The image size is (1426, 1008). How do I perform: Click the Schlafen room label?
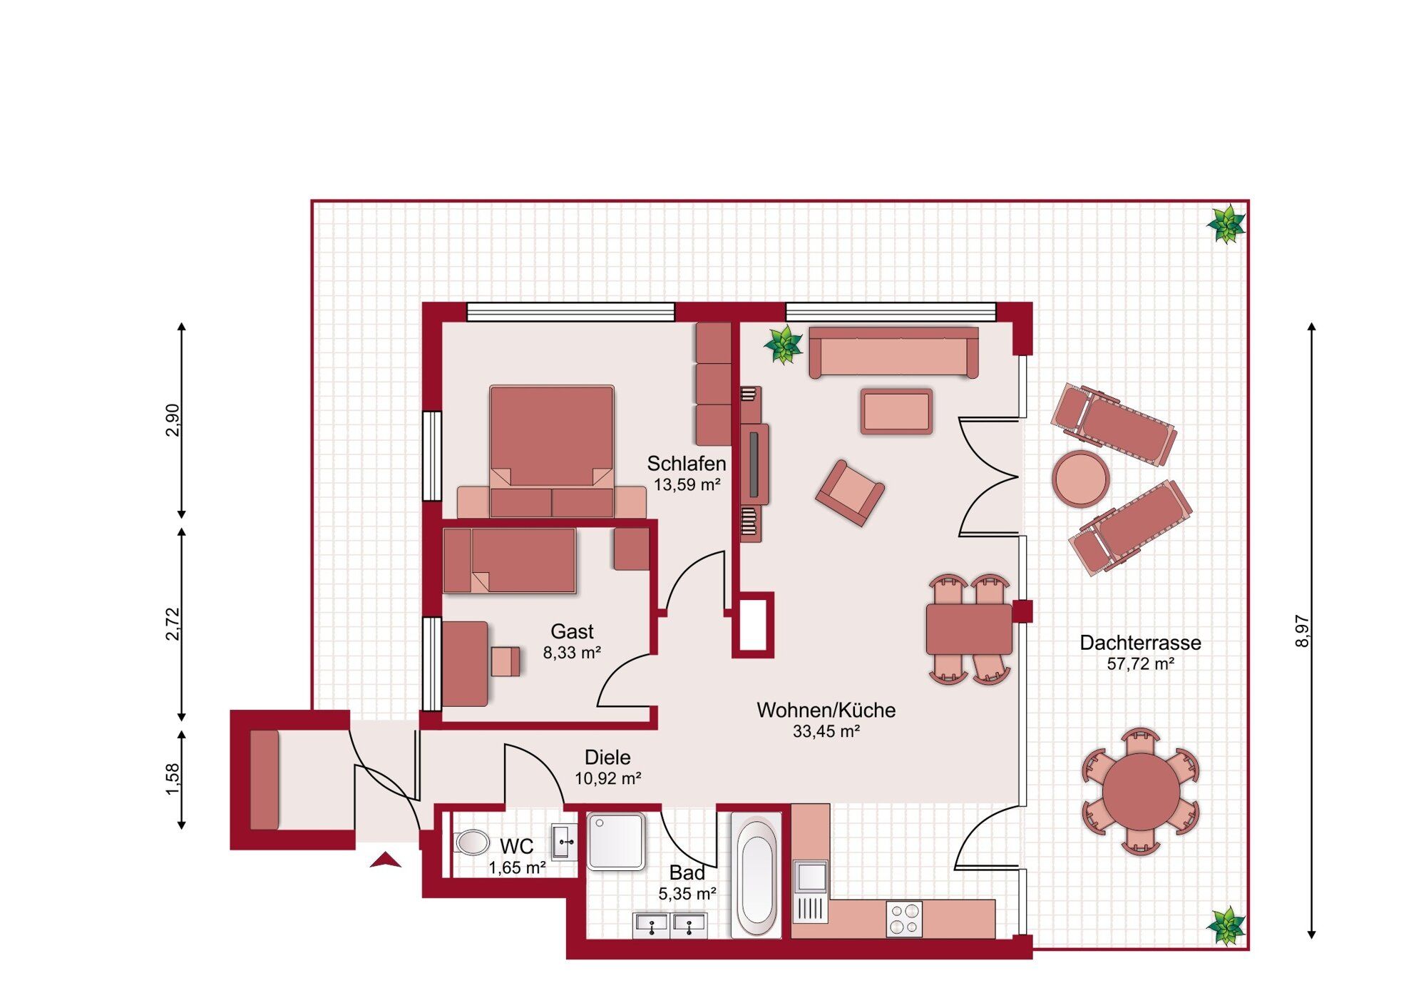686,464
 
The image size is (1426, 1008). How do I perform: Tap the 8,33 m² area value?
572,653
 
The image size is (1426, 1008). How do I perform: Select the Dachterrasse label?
1140,643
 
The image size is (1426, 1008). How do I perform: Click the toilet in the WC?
471,842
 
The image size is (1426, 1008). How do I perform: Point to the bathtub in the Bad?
756,877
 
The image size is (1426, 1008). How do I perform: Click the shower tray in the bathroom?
616,842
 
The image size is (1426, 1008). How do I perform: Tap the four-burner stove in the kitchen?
904,919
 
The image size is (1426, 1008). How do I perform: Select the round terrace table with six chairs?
1141,791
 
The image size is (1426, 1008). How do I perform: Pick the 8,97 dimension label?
1302,631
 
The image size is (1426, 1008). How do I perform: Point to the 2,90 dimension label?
173,420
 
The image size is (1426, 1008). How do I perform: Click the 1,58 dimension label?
173,780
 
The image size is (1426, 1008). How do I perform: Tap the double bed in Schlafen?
551,451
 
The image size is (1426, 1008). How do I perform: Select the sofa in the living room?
893,352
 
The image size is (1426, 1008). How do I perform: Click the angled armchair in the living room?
850,493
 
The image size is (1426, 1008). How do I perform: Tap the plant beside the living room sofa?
784,345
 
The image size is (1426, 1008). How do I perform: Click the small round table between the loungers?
1081,479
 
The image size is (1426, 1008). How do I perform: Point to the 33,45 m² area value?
826,731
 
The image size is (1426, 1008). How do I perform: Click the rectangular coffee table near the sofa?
896,412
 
